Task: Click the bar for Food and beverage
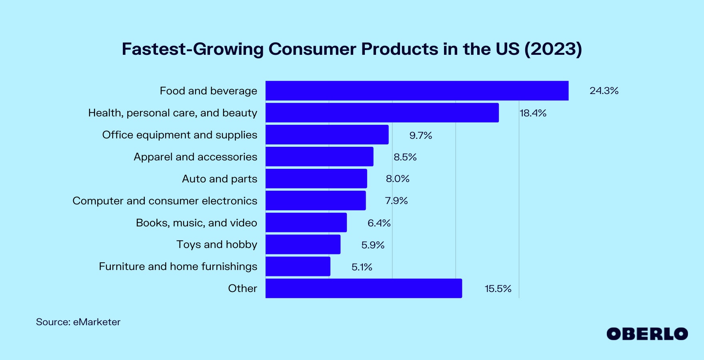[417, 91]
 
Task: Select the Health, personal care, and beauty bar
[382, 113]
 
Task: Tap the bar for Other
[364, 288]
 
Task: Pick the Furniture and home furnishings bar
[298, 266]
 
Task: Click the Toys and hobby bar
[303, 244]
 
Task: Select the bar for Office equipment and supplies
[327, 135]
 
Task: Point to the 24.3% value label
[604, 91]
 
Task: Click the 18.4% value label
[533, 113]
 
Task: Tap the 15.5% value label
[498, 289]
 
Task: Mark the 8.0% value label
[398, 179]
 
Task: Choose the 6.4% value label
[379, 223]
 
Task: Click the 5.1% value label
[362, 267]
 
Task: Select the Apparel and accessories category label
[195, 157]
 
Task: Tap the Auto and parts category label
[220, 179]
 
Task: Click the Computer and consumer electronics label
[165, 201]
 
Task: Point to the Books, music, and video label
[196, 223]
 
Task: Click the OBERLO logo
[647, 334]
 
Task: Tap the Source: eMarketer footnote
[78, 322]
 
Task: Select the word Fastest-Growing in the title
[192, 49]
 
